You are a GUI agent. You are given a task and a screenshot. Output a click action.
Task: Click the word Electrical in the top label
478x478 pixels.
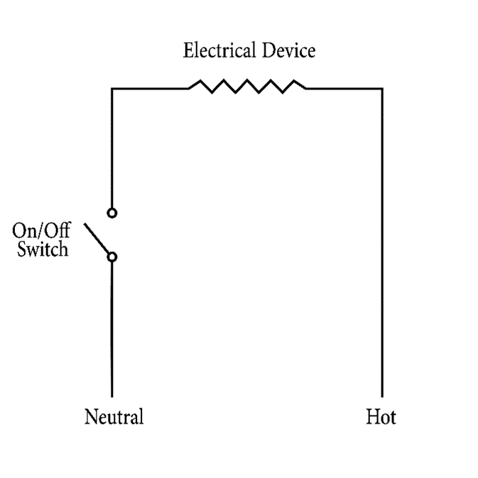pyautogui.click(x=214, y=51)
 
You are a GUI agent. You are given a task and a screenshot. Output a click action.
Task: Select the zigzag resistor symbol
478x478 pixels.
pyautogui.click(x=246, y=87)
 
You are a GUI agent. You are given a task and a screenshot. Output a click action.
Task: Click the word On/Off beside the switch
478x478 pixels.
pyautogui.click(x=40, y=232)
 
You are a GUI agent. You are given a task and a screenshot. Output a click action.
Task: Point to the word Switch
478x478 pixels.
pyautogui.click(x=43, y=249)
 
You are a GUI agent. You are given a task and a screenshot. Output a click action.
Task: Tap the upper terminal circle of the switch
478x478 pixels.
pyautogui.click(x=112, y=212)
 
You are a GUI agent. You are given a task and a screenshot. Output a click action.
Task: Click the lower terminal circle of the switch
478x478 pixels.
pyautogui.click(x=112, y=256)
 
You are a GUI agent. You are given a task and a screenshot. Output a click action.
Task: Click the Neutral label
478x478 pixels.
pyautogui.click(x=114, y=416)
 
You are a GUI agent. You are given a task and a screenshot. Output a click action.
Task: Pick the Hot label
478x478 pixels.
pyautogui.click(x=381, y=416)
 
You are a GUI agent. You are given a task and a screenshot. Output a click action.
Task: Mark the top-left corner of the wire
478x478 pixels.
pyautogui.click(x=112, y=89)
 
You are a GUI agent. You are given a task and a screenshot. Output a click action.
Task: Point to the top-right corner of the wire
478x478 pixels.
pyautogui.click(x=382, y=89)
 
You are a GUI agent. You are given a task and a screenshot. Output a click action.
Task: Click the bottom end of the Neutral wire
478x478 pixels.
pyautogui.click(x=112, y=395)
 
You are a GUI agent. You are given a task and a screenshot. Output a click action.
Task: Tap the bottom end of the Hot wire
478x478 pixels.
pyautogui.click(x=382, y=395)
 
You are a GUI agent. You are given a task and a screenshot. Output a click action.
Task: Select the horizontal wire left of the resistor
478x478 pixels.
pyautogui.click(x=149, y=89)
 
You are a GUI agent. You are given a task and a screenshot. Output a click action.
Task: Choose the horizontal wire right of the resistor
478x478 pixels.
pyautogui.click(x=344, y=89)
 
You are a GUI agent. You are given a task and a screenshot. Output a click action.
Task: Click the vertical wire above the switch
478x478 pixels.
pyautogui.click(x=112, y=149)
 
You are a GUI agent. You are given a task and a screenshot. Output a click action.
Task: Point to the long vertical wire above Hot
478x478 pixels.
pyautogui.click(x=382, y=241)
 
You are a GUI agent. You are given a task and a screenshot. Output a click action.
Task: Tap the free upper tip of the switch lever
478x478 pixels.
pyautogui.click(x=85, y=224)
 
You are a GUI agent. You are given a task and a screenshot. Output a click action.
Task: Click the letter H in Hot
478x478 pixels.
pyautogui.click(x=371, y=416)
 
